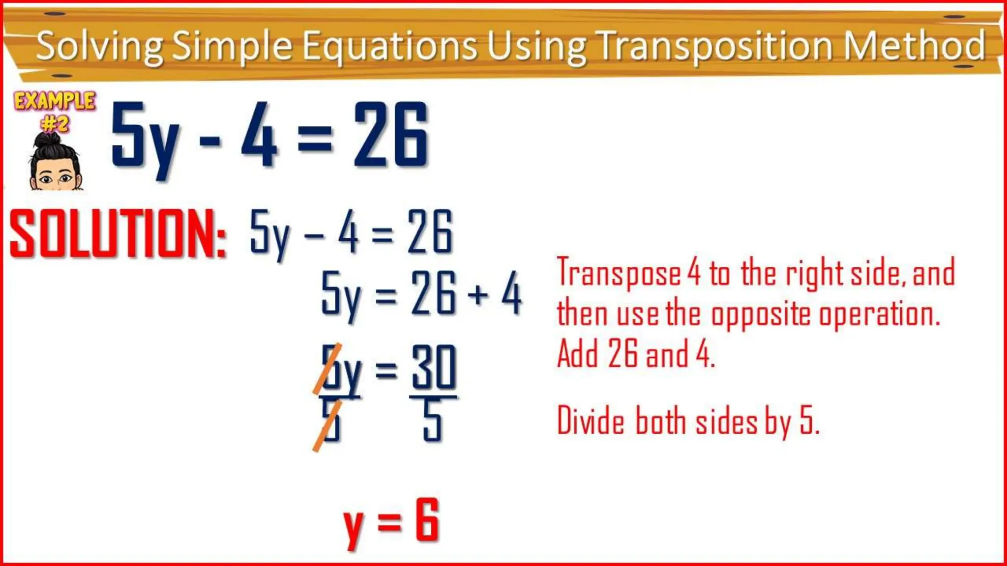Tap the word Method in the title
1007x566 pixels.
pos(915,46)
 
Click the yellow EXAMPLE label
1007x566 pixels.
pos(55,101)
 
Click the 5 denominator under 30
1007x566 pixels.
pos(433,421)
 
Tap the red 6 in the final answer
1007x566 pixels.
pos(426,520)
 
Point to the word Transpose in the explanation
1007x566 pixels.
pos(619,273)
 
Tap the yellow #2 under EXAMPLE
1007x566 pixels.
pos(55,124)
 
